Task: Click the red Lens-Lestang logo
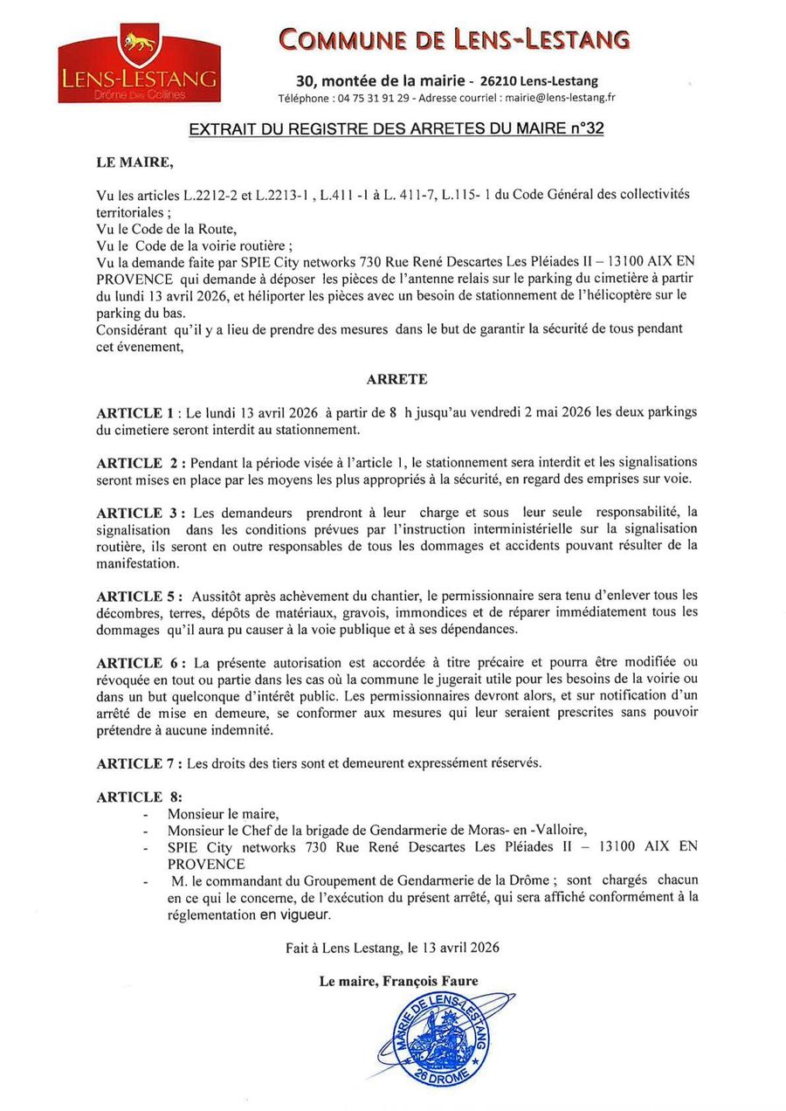point(138,64)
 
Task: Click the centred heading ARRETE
point(396,379)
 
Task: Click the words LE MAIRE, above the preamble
point(134,161)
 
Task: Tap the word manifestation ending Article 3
point(136,563)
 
